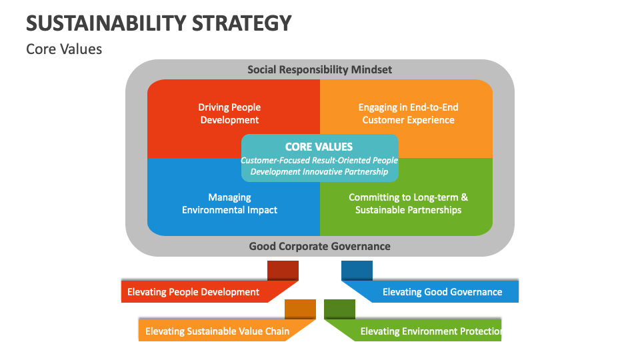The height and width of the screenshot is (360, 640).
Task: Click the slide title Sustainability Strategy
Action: pyautogui.click(x=159, y=23)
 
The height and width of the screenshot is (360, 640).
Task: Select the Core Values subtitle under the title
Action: pyautogui.click(x=64, y=49)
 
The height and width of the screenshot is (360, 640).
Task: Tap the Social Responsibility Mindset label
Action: pyautogui.click(x=319, y=69)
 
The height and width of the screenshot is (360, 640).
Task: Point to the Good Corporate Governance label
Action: pyautogui.click(x=319, y=246)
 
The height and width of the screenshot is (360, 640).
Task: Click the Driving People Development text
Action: pyautogui.click(x=229, y=113)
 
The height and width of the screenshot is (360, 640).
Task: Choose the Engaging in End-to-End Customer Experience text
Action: pyautogui.click(x=408, y=113)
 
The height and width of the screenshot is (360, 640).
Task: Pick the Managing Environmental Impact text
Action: pyautogui.click(x=229, y=203)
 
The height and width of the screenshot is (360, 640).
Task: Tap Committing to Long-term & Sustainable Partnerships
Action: pyautogui.click(x=408, y=203)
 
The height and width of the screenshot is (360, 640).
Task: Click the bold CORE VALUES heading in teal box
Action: pyautogui.click(x=319, y=147)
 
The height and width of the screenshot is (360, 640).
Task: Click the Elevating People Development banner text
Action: pyautogui.click(x=193, y=292)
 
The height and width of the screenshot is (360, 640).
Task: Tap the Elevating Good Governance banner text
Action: pyautogui.click(x=442, y=292)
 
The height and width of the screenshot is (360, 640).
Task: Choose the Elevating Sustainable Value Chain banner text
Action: pyautogui.click(x=217, y=331)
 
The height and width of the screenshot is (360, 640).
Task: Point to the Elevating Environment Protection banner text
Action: pyautogui.click(x=431, y=331)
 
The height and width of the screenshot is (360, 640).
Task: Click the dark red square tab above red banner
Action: pyautogui.click(x=283, y=270)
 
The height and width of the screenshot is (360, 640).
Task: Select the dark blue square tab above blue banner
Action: pyautogui.click(x=357, y=270)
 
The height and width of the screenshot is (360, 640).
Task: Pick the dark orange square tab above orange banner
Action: pyautogui.click(x=300, y=309)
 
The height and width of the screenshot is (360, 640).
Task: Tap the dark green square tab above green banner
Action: pyautogui.click(x=339, y=309)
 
